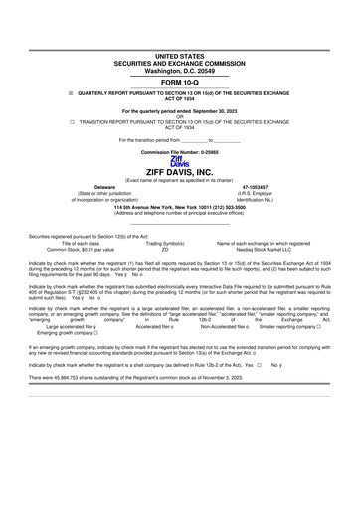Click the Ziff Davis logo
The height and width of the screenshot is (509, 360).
(x=179, y=161)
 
